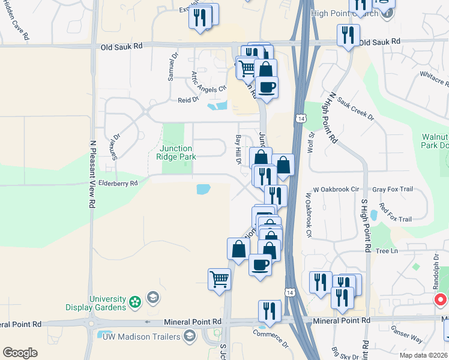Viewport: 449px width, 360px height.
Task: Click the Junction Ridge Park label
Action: click(174, 152)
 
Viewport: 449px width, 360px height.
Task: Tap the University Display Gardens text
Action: click(108, 303)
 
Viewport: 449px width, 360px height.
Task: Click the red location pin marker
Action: click(440, 299)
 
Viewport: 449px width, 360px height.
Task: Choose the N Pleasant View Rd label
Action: click(93, 174)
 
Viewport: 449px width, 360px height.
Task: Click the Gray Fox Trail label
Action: click(393, 189)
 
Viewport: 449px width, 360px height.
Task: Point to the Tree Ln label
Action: click(385, 251)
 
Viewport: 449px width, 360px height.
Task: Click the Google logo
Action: click(20, 353)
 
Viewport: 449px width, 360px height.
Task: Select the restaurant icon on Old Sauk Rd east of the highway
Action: click(348, 36)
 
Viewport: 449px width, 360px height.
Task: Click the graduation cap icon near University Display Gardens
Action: click(153, 298)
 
